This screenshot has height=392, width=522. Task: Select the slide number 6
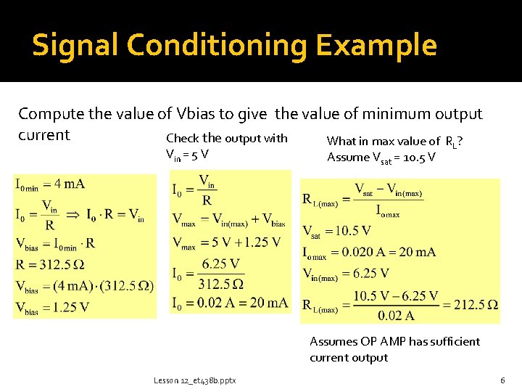(x=502, y=380)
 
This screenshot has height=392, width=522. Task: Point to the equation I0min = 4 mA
(x=50, y=184)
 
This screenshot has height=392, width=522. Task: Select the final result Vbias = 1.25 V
(x=52, y=307)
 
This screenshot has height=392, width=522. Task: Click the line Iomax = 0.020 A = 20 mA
(x=369, y=252)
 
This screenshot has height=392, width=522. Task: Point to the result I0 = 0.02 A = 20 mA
(x=230, y=303)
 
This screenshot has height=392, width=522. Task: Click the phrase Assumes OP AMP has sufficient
(x=394, y=341)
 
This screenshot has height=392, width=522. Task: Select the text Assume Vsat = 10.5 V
(x=381, y=158)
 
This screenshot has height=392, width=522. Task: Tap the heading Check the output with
(x=226, y=138)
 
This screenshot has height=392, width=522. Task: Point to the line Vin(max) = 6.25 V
(x=346, y=274)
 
